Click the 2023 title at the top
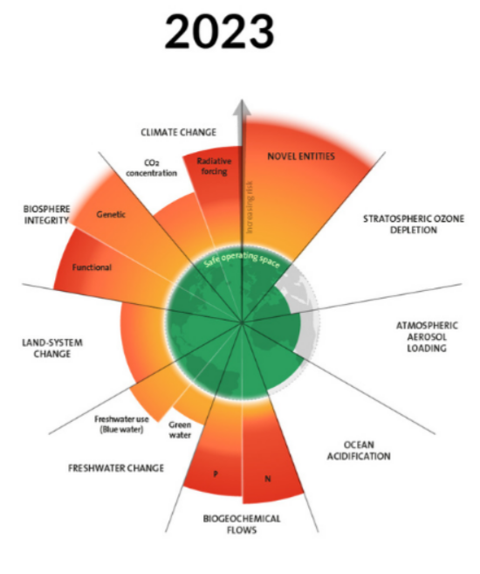219,31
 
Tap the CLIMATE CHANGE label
178,132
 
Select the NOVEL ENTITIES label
301,156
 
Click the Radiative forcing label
214,166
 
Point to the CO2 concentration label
151,168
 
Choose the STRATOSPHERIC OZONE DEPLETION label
414,224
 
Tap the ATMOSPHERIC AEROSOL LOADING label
427,336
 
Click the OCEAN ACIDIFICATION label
359,450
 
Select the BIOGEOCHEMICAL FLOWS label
242,524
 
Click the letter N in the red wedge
268,479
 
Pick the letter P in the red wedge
216,474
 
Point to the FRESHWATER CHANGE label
116,467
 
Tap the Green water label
180,430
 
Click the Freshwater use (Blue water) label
121,424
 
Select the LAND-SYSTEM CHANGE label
52,348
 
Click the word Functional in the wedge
92,267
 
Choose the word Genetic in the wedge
111,215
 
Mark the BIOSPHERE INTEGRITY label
46,215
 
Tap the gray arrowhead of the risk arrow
242,108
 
